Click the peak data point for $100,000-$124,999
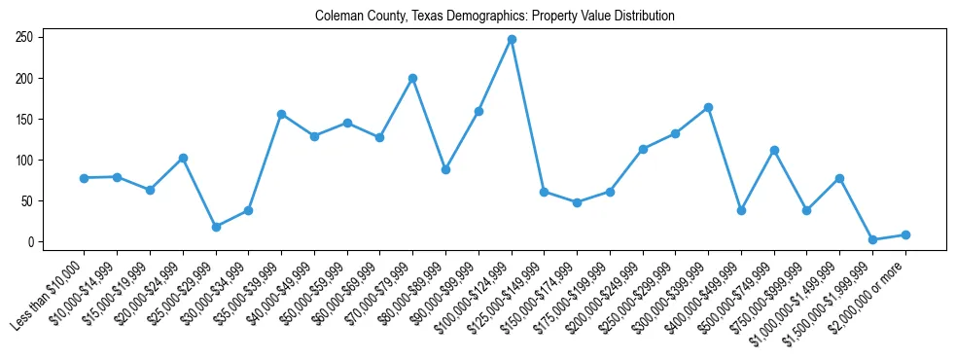(x=512, y=40)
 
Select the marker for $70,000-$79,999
(x=412, y=78)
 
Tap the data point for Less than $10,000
(x=85, y=178)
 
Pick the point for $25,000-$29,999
(x=216, y=227)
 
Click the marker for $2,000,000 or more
(x=905, y=234)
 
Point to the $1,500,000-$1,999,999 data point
(x=872, y=239)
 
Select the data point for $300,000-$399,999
(x=708, y=107)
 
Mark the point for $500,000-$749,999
(x=774, y=150)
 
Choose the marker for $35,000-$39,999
(x=281, y=114)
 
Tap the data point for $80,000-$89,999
(x=445, y=169)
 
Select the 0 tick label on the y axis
(x=33, y=241)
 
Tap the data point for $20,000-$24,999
(x=183, y=158)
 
